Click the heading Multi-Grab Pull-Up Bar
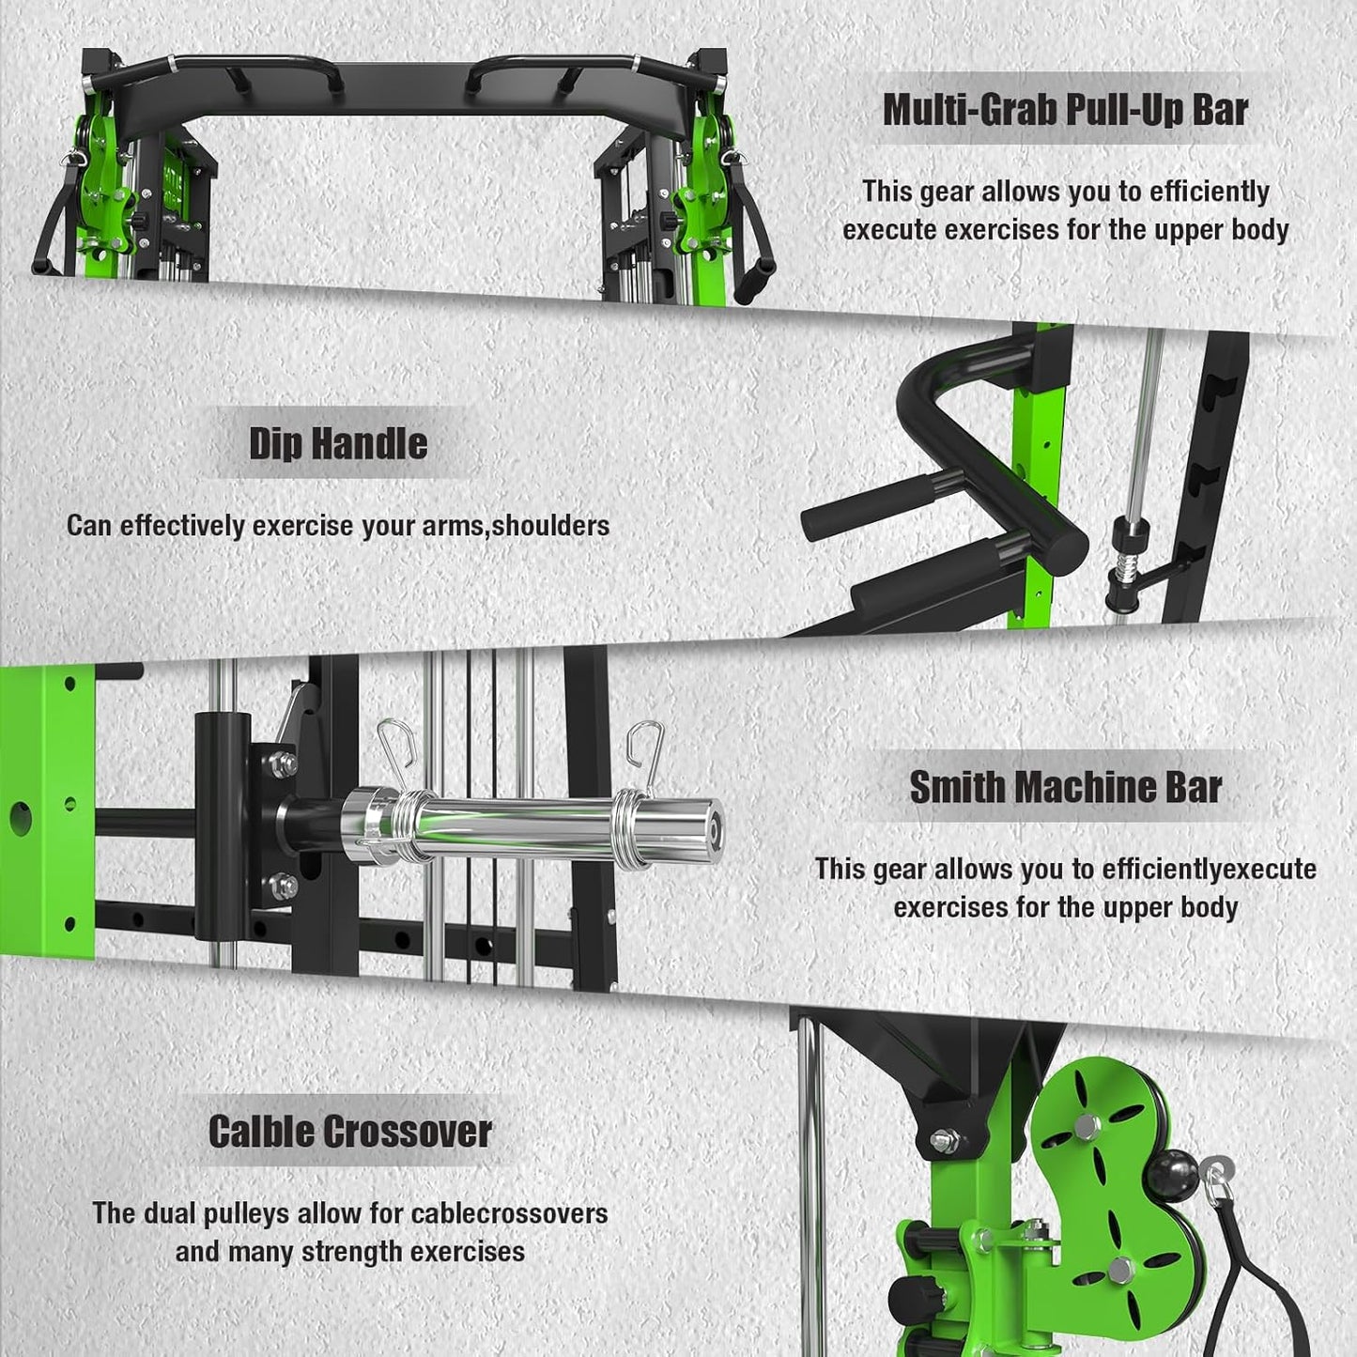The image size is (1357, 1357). [x=1065, y=110]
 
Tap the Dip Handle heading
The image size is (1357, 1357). [x=338, y=443]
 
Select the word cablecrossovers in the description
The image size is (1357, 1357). [x=515, y=1213]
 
